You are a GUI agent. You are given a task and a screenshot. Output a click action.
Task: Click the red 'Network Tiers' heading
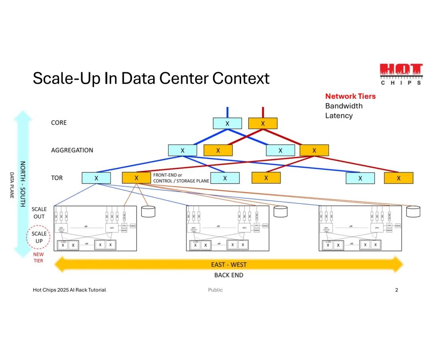[350, 96]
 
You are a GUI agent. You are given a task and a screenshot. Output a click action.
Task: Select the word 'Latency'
[339, 116]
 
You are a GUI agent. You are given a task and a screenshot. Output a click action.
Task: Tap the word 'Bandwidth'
[344, 106]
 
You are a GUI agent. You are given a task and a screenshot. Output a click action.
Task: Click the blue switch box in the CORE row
[227, 124]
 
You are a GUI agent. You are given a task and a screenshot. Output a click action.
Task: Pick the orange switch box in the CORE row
[263, 124]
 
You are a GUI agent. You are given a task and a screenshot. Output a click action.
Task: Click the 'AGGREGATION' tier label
[72, 150]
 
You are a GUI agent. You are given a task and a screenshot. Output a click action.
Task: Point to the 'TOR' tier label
[57, 178]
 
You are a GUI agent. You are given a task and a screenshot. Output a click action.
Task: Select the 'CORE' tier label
[59, 123]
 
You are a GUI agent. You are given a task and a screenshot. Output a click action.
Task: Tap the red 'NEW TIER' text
[38, 258]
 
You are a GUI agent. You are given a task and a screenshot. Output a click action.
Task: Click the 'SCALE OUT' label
[39, 213]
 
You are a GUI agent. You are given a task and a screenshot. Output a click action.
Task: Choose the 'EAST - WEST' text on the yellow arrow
[229, 264]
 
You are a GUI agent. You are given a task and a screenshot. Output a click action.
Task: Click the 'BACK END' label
[229, 275]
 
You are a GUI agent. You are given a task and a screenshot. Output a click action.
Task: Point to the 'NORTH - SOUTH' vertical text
[23, 183]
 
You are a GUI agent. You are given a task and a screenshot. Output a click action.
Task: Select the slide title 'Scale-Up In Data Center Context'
[151, 79]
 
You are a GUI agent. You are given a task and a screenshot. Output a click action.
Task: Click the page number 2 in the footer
[396, 290]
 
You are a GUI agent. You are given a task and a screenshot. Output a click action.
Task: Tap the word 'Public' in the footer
[215, 290]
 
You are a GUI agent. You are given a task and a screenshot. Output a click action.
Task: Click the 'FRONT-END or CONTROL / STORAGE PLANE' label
[181, 178]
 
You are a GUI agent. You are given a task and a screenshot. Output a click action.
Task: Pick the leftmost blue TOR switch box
[96, 178]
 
